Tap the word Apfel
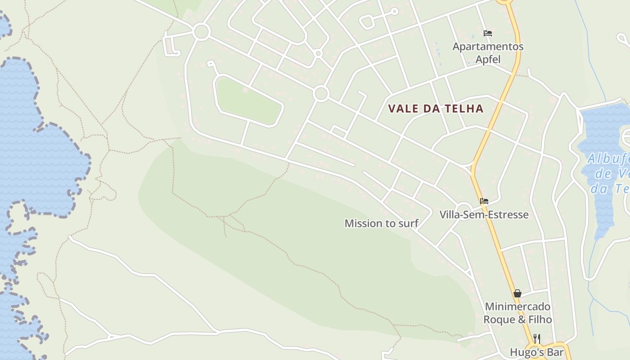488,59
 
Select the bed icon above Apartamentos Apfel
487,33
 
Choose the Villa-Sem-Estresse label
484,214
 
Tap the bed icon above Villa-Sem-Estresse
484,201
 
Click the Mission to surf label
382,223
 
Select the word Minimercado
517,307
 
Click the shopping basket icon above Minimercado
517,293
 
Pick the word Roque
498,319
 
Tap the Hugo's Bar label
536,352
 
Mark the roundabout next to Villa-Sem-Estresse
463,211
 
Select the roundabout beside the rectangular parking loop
201,32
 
